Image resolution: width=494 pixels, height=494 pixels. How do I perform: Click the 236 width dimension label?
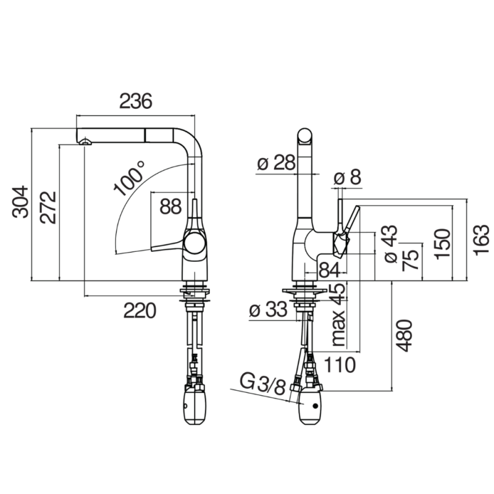[x=136, y=101]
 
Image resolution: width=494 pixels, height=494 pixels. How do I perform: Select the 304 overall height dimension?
[x=20, y=202]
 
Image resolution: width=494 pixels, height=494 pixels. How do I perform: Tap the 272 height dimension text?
[x=48, y=207]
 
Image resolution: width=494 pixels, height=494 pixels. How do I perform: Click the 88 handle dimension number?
[x=170, y=207]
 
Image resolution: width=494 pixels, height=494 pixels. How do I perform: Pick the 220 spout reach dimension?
[x=140, y=311]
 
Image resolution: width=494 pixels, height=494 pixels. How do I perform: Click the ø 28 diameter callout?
[x=276, y=162]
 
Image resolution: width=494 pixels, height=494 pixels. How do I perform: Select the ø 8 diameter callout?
[x=347, y=177]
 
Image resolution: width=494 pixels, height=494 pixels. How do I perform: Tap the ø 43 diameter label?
[x=391, y=244]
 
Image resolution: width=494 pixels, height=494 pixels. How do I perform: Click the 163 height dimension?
[x=482, y=240]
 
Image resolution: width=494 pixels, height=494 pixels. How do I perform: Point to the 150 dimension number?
[x=442, y=244]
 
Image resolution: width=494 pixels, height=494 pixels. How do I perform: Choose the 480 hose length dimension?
[x=404, y=335]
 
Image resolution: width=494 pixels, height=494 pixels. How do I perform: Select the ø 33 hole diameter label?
[x=268, y=309]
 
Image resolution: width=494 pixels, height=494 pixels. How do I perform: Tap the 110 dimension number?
[x=340, y=365]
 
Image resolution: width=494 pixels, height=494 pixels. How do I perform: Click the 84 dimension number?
[x=330, y=270]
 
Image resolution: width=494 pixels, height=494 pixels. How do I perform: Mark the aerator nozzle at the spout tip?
[x=85, y=142]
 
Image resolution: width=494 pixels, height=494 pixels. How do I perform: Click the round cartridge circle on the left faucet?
[x=195, y=243]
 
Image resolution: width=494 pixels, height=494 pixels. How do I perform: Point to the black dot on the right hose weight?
[x=315, y=406]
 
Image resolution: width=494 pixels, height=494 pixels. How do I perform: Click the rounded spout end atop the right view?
[x=305, y=136]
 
